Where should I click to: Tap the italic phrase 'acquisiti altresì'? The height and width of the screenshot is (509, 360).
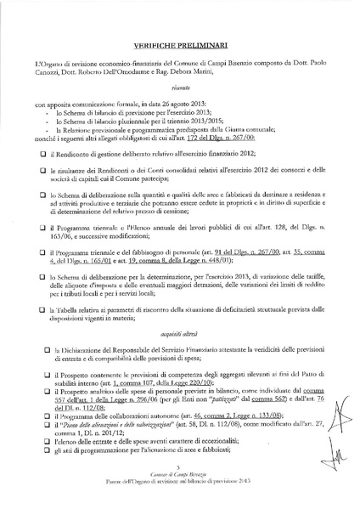tap(179, 313)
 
